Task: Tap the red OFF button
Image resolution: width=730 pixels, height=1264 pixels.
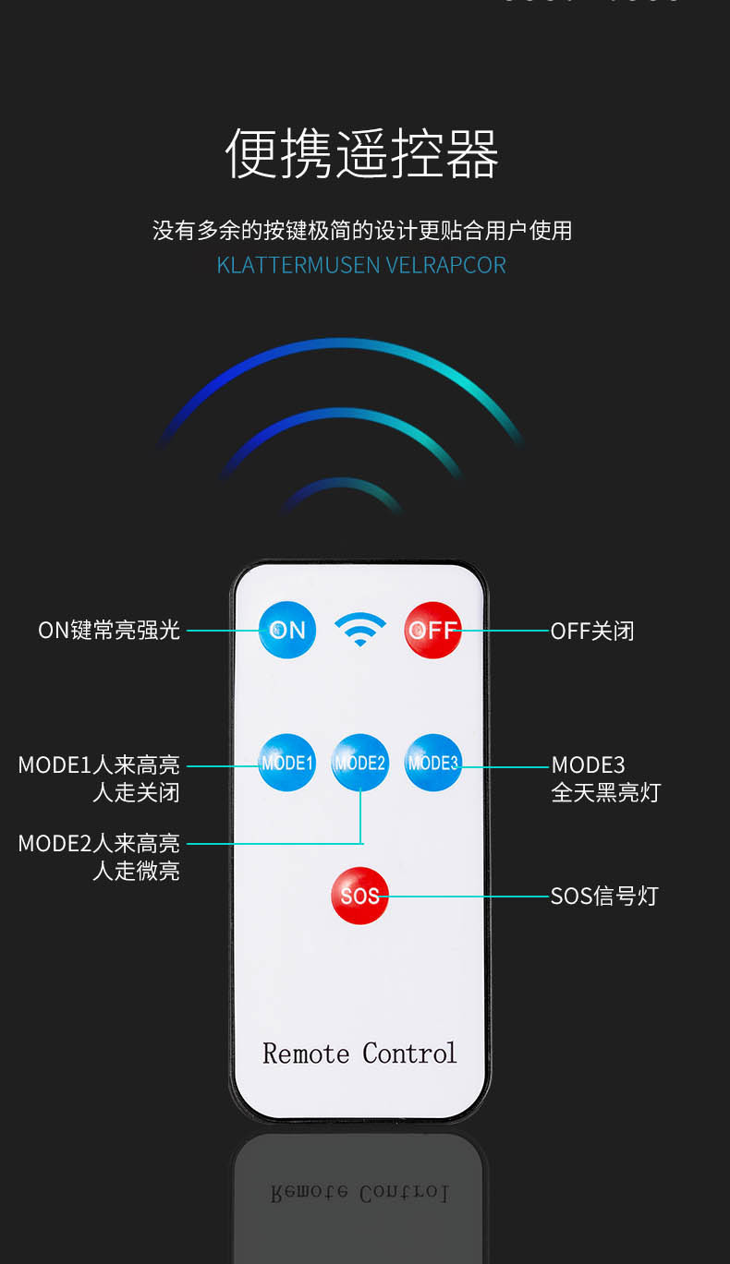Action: pyautogui.click(x=432, y=630)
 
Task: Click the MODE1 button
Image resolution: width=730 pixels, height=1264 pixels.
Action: pyautogui.click(x=286, y=763)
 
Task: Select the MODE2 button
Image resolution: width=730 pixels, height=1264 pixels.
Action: pyautogui.click(x=359, y=763)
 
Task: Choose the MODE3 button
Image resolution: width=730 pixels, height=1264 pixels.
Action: pyautogui.click(x=432, y=763)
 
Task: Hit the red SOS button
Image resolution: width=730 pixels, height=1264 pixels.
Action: pyautogui.click(x=359, y=896)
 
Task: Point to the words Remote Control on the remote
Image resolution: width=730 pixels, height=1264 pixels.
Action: pyautogui.click(x=359, y=1053)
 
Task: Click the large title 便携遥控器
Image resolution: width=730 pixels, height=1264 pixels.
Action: pyautogui.click(x=362, y=152)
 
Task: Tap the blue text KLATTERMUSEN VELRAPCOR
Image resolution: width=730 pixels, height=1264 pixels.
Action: pyautogui.click(x=361, y=265)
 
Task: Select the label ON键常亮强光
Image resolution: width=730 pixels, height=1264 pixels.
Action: pyautogui.click(x=109, y=631)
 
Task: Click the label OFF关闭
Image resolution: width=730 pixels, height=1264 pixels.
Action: pyautogui.click(x=592, y=632)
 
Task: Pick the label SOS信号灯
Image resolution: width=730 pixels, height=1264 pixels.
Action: pyautogui.click(x=604, y=896)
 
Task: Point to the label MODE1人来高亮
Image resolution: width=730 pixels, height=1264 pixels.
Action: pyautogui.click(x=99, y=765)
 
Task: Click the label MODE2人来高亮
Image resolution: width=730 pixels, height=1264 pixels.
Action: pyautogui.click(x=99, y=843)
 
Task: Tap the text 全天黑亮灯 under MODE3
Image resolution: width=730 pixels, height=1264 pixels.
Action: pyautogui.click(x=606, y=792)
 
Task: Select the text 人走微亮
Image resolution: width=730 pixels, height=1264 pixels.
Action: pyautogui.click(x=136, y=871)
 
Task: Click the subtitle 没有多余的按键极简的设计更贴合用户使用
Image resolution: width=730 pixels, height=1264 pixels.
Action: pyautogui.click(x=362, y=230)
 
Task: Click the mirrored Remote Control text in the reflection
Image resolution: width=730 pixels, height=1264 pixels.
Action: pyautogui.click(x=359, y=1192)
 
